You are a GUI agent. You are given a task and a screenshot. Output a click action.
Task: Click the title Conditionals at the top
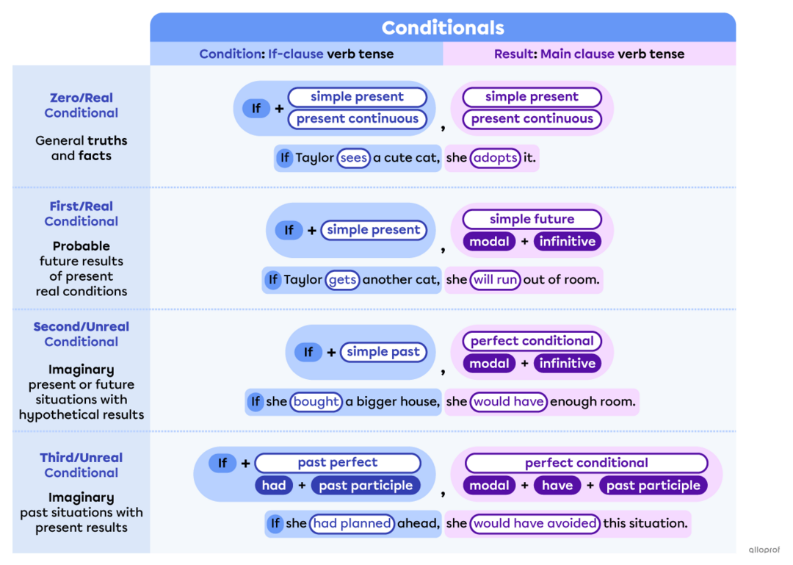click(443, 28)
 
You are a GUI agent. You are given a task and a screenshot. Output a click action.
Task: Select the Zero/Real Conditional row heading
click(81, 105)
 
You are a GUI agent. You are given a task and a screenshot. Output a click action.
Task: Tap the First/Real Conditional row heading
click(81, 214)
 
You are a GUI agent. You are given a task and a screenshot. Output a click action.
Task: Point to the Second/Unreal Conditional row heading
click(81, 334)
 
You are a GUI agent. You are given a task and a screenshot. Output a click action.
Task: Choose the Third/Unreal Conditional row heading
click(81, 465)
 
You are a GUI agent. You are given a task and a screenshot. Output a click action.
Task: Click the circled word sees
click(353, 158)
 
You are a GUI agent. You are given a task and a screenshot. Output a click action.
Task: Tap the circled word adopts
click(495, 158)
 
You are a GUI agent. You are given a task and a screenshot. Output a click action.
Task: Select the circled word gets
click(342, 280)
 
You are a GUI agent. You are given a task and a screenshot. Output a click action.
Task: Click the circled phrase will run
click(495, 280)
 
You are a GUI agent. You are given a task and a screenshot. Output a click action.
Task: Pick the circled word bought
click(316, 402)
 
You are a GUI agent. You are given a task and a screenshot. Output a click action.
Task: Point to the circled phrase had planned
click(351, 524)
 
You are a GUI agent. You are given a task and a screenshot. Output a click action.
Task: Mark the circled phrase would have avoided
click(535, 524)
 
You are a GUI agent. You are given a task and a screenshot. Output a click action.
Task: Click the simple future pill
click(532, 219)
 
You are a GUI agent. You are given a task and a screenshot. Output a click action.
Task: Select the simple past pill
click(383, 352)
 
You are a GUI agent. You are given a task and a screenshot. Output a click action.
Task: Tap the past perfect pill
click(337, 463)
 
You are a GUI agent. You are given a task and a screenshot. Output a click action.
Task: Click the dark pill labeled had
click(274, 486)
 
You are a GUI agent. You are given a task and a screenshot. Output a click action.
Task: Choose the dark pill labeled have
click(557, 486)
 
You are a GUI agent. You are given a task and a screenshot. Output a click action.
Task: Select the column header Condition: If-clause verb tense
click(296, 54)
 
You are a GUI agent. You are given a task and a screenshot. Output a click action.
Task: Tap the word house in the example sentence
click(419, 402)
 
